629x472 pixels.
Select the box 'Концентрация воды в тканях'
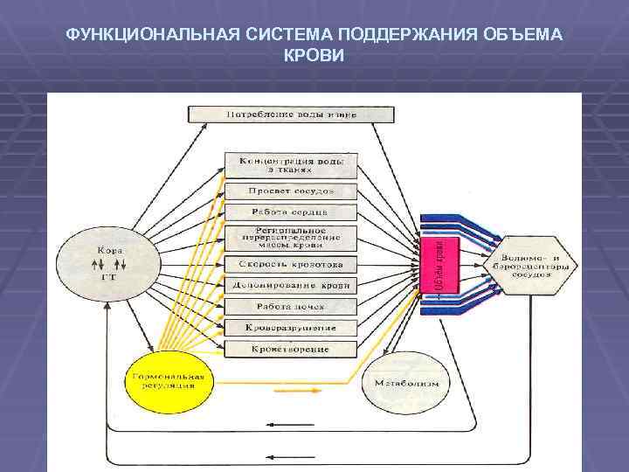click(x=291, y=167)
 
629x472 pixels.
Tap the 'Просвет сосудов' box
click(x=291, y=191)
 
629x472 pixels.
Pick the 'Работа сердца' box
click(x=291, y=212)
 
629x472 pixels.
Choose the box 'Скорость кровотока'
click(x=291, y=264)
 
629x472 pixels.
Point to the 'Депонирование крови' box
click(x=291, y=286)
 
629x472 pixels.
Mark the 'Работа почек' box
click(x=291, y=307)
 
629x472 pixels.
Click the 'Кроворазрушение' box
click(x=291, y=329)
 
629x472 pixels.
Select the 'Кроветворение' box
click(x=291, y=350)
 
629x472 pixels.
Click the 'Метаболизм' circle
click(x=406, y=384)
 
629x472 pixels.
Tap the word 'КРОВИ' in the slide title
click(x=314, y=55)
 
